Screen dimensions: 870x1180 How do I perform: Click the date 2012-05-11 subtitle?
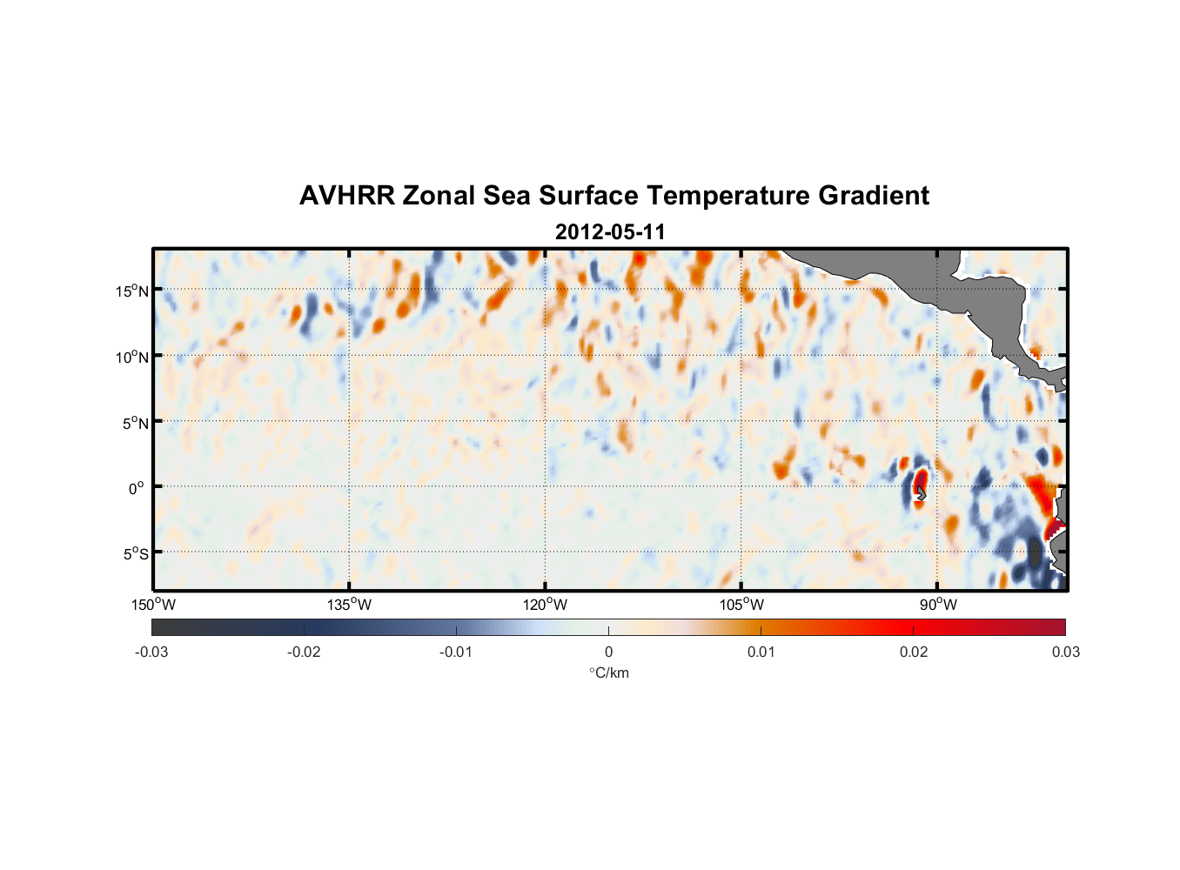click(610, 232)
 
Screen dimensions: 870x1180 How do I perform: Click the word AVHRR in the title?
click(346, 196)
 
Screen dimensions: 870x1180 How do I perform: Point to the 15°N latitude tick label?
click(132, 291)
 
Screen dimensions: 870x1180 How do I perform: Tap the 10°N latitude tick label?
click(132, 357)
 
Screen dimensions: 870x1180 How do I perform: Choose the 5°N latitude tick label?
click(135, 423)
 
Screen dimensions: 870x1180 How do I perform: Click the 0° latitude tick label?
click(137, 489)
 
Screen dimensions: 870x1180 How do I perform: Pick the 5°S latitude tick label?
click(135, 554)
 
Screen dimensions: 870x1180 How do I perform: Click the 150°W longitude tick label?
click(153, 605)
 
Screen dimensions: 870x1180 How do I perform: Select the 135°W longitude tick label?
click(350, 605)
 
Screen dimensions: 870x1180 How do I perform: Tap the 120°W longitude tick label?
click(546, 605)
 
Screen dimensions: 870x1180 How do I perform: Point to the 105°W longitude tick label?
click(741, 605)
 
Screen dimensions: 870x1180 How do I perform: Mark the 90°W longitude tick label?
click(938, 605)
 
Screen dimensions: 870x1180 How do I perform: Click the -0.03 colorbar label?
click(151, 652)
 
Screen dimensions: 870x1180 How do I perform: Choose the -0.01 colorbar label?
click(456, 652)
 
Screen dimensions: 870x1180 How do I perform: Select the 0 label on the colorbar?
click(608, 652)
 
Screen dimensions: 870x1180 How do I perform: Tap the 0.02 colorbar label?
click(914, 652)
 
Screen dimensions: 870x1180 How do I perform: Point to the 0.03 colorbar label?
click(1065, 652)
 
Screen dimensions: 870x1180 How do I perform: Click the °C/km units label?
click(609, 673)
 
